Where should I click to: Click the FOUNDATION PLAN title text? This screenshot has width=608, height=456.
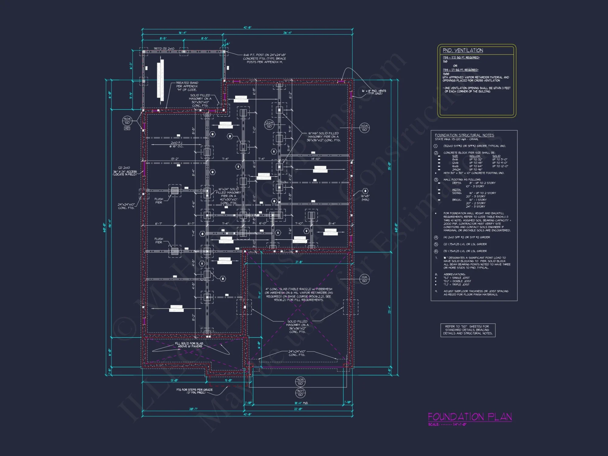coord(470,416)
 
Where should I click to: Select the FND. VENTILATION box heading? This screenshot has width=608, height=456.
coord(463,50)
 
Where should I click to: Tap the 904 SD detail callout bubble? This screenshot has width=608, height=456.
coord(127,121)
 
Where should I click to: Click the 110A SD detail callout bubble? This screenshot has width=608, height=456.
coord(364,128)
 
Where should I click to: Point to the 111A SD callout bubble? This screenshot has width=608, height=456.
coord(364,279)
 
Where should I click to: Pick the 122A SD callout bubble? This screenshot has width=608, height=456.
coord(269,124)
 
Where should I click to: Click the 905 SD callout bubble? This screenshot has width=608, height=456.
coord(300,382)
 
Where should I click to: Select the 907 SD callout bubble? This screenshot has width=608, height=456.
coord(300,393)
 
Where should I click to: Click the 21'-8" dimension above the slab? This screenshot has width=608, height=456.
coord(299,262)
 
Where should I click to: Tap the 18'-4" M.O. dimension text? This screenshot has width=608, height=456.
coord(301,403)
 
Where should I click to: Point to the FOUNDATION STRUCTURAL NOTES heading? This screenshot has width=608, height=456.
coord(464,135)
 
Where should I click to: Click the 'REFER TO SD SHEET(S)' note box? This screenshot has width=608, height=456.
coord(468,330)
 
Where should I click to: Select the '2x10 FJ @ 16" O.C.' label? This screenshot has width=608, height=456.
coord(176,144)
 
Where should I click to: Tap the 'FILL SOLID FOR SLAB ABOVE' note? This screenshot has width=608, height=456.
coord(189,345)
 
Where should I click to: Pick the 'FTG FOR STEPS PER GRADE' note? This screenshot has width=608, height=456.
coord(195,391)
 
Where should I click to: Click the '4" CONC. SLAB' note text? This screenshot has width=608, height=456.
coord(299,294)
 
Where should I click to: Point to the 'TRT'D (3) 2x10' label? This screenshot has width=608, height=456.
coord(164,49)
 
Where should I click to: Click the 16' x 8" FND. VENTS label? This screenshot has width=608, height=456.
coord(374,92)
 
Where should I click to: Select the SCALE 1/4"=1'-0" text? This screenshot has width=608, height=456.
coord(447,424)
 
